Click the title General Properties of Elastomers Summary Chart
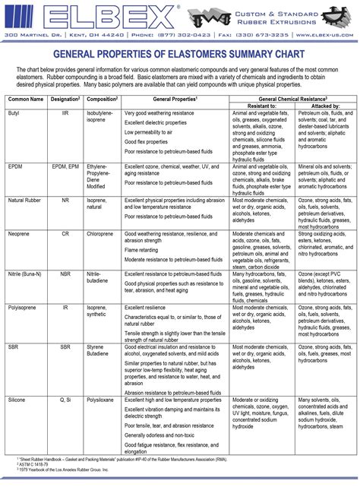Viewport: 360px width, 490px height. click(x=179, y=55)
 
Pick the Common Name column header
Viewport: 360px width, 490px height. click(x=26, y=99)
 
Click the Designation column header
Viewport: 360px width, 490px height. click(x=65, y=99)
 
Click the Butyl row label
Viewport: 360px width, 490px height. click(x=15, y=112)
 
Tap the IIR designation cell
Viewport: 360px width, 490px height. click(x=65, y=112)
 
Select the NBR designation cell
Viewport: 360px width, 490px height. click(x=65, y=272)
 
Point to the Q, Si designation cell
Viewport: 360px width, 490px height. click(x=65, y=398)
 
